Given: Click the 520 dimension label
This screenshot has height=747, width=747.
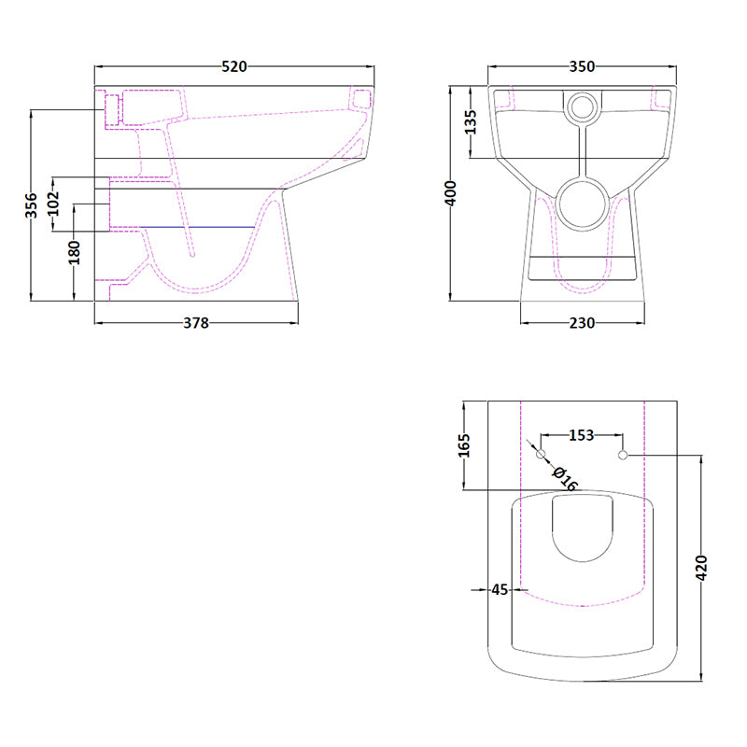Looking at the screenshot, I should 234,66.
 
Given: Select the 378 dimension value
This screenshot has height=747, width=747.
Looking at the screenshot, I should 195,323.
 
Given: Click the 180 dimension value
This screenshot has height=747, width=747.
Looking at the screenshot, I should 74,253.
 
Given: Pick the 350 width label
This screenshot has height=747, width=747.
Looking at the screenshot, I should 581,66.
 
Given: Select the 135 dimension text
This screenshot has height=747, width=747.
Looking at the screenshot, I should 471,122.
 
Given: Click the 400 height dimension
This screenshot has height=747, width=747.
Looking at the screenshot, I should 452,194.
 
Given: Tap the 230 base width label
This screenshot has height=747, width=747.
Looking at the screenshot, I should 581,323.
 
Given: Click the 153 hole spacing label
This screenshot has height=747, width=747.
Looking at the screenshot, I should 582,434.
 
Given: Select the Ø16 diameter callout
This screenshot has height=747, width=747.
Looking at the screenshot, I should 565,478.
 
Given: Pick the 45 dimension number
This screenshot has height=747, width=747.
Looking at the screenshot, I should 500,589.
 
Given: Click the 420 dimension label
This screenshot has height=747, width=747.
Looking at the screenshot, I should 702,568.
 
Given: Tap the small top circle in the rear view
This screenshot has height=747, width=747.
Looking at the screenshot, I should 583,108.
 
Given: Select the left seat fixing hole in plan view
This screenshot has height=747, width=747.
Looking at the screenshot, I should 541,455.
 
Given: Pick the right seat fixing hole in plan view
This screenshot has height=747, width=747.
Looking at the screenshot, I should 623,456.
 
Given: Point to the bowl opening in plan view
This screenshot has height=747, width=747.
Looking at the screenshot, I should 582,529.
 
